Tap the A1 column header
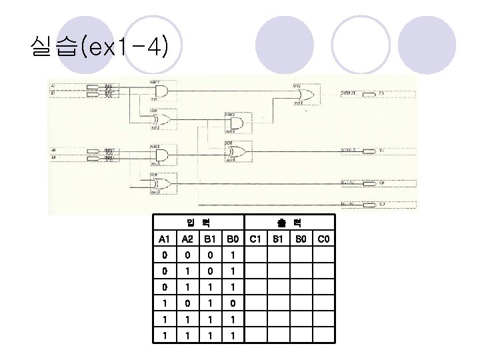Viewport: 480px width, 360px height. coord(163,239)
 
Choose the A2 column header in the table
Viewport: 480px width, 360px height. coord(188,239)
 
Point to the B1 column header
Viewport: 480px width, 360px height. coord(209,239)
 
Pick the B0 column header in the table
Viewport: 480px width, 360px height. coord(231,239)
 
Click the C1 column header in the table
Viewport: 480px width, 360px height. coord(255,239)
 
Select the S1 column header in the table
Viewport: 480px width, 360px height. coord(279,239)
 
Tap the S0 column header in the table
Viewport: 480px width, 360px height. coord(301,239)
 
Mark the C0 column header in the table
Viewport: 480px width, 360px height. coord(324,239)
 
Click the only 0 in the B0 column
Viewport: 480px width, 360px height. coord(231,303)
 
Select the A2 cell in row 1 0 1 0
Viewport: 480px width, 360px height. coord(188,303)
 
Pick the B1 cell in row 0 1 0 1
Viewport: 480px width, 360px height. coord(209,271)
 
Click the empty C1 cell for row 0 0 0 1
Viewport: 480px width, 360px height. coord(255,255)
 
